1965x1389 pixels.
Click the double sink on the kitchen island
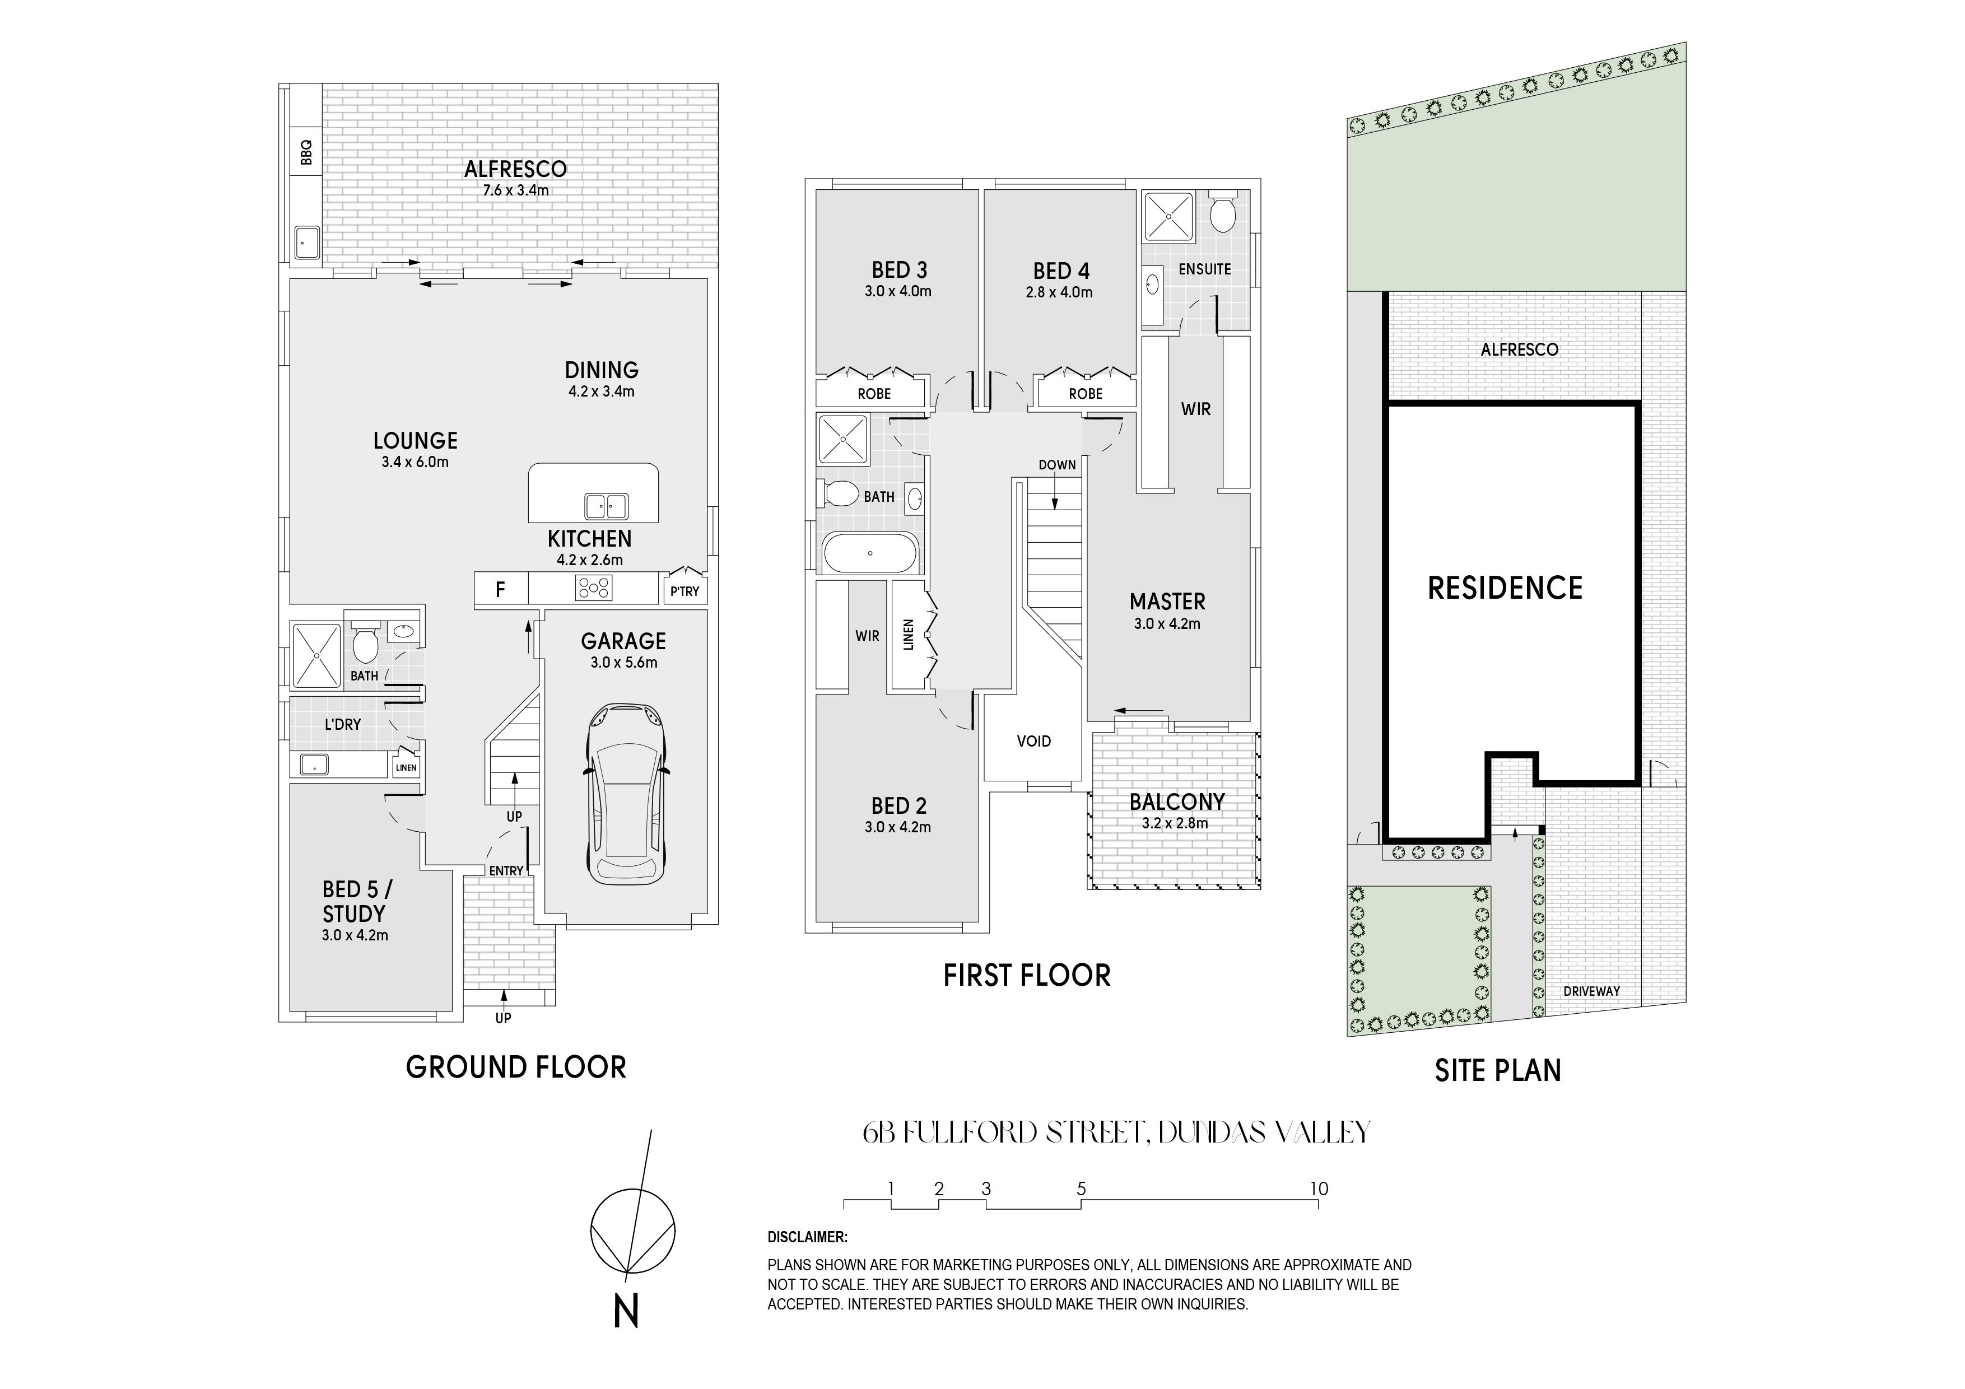click(x=606, y=507)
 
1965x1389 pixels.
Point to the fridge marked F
click(x=501, y=589)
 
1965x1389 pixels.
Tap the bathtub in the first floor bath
click(x=869, y=553)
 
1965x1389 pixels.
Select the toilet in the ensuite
click(x=1221, y=213)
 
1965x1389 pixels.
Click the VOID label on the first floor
click(x=1034, y=741)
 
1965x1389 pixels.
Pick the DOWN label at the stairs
click(x=1057, y=465)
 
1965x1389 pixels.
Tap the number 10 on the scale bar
click(x=1319, y=1188)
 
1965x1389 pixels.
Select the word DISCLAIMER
click(x=807, y=1237)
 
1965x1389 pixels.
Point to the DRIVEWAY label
click(x=1592, y=991)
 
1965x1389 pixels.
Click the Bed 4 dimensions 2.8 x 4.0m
click(x=1060, y=292)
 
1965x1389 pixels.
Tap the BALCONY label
click(x=1177, y=802)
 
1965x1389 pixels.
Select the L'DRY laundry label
click(x=342, y=724)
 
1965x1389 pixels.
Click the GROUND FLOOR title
click(x=516, y=1067)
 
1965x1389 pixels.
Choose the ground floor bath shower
click(x=316, y=655)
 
